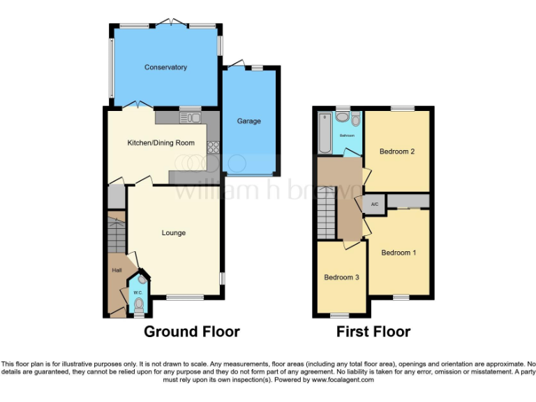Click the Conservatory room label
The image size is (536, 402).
(165, 68)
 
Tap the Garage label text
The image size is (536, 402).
(248, 121)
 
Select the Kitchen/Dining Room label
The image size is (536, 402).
(161, 143)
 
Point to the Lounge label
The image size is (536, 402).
(174, 232)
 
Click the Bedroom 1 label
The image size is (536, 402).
(399, 253)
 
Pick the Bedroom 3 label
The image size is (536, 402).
(341, 277)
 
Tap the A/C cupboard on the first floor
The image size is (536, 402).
(374, 204)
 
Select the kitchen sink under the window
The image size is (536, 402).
(190, 117)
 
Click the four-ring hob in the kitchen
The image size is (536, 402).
(213, 147)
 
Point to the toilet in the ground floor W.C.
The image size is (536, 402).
(139, 304)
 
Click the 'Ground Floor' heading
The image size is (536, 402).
(191, 332)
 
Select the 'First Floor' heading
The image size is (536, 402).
(373, 332)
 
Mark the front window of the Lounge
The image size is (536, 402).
(185, 298)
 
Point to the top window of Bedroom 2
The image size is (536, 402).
(401, 108)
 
